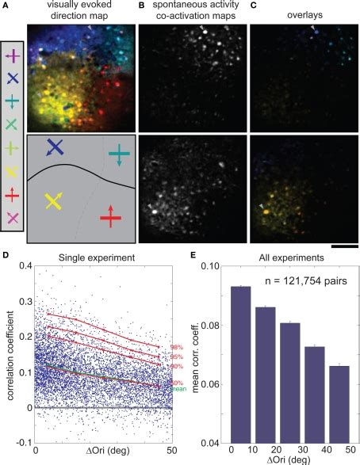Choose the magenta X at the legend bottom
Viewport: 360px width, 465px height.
pos(13,217)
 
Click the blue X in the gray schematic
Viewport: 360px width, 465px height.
pos(55,147)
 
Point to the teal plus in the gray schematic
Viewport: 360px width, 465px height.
pos(118,154)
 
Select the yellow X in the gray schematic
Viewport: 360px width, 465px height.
pos(55,201)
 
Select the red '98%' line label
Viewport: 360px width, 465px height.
pos(177,348)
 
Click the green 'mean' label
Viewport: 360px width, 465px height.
pos(176,388)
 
